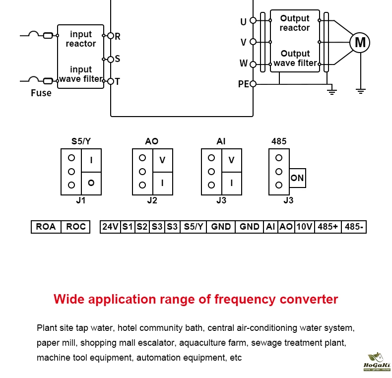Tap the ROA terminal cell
[x=46, y=227]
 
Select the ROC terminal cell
[x=76, y=227]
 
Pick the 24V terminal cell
[x=110, y=227]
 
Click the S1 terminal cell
[x=128, y=227]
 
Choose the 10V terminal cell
[x=304, y=227]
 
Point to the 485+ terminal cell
[x=328, y=227]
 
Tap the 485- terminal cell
[x=354, y=227]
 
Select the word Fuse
[x=41, y=93]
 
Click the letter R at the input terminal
[x=118, y=36]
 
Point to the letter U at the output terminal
[x=243, y=22]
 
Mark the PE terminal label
[x=243, y=84]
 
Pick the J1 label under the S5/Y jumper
[x=81, y=201]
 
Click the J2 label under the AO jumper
[x=152, y=201]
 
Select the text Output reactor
[x=295, y=23]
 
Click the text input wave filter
[x=81, y=74]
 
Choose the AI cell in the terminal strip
[x=270, y=227]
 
